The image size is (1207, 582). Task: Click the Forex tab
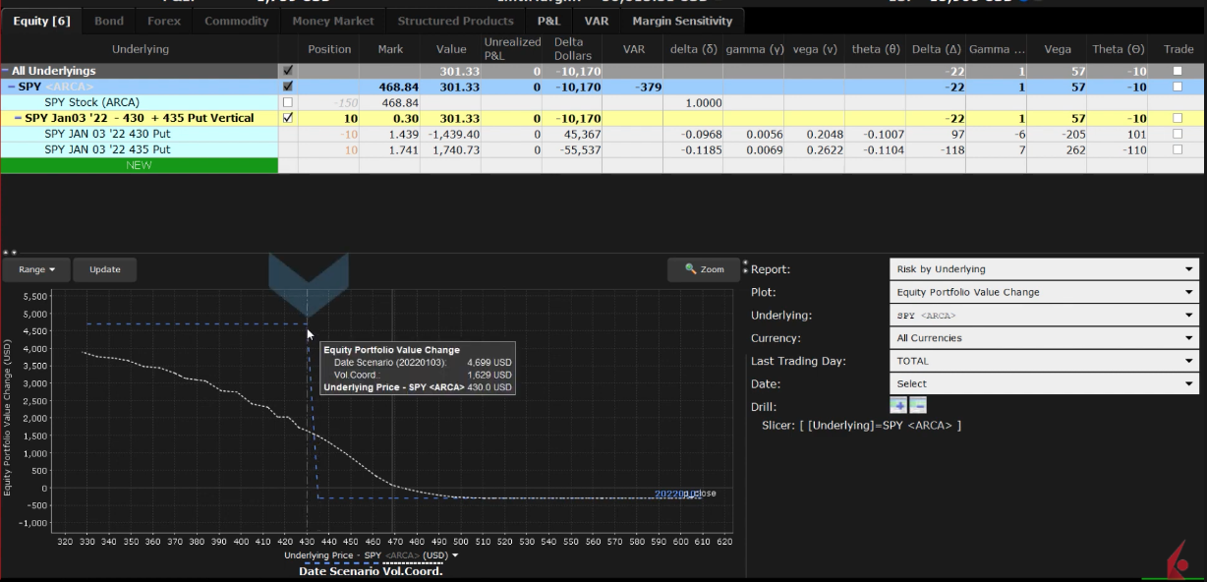coord(164,21)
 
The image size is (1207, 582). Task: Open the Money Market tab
coord(333,21)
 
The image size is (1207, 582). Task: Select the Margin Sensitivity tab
coord(682,21)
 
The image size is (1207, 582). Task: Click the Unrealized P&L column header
coord(512,48)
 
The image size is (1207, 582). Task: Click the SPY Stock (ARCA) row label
coord(91,102)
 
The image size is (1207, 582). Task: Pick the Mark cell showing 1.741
coord(390,149)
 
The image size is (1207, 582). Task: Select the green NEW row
coord(139,165)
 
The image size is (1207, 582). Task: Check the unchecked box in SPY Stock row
coord(288,102)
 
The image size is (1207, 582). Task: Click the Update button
coord(104,269)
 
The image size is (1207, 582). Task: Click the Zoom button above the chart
coord(704,269)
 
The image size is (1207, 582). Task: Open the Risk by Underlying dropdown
coord(1044,269)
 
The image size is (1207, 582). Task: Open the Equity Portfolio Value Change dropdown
coord(1044,292)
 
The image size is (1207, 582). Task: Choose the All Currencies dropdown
coord(1044,338)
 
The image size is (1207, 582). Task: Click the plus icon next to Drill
coord(898,406)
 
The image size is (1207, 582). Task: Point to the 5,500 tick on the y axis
coord(33,296)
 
